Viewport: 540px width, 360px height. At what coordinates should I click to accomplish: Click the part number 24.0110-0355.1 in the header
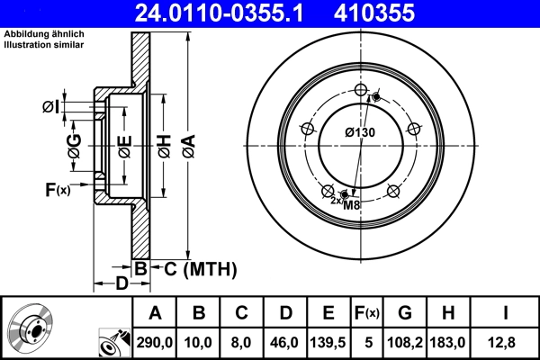(x=210, y=13)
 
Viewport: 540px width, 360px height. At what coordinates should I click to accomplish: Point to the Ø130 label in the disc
(x=359, y=133)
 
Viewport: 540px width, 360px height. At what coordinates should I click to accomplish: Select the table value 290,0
(x=155, y=342)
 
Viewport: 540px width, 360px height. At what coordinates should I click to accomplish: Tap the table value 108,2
(x=405, y=342)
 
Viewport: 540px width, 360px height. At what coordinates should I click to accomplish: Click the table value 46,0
(x=285, y=342)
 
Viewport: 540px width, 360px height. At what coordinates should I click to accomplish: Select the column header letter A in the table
(x=155, y=313)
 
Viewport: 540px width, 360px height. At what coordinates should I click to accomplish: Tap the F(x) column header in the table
(x=366, y=313)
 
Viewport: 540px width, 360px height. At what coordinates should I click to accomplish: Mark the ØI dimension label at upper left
(x=50, y=108)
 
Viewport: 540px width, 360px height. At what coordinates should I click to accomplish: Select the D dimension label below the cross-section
(x=121, y=284)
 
